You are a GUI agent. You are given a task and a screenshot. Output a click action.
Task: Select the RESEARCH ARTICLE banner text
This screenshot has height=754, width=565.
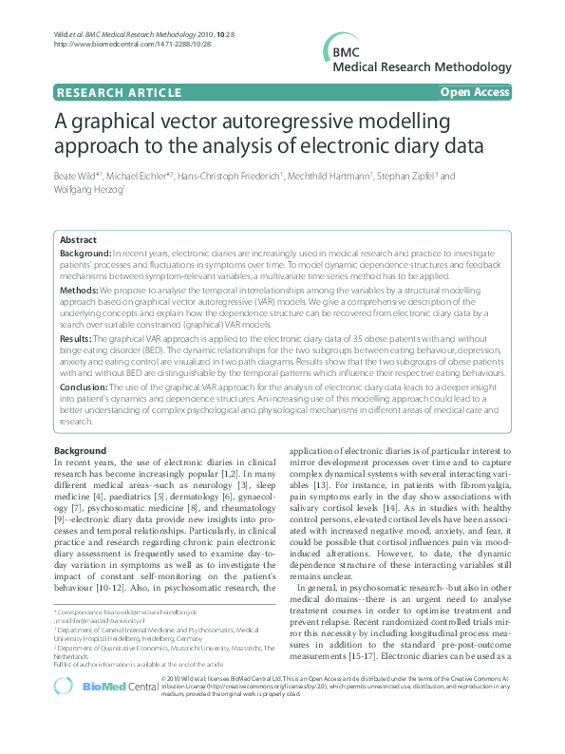pos(120,93)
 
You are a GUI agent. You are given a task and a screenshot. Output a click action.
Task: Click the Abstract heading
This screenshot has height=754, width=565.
pos(79,240)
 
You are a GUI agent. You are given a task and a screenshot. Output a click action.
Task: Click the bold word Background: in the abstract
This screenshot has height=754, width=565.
pos(85,254)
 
